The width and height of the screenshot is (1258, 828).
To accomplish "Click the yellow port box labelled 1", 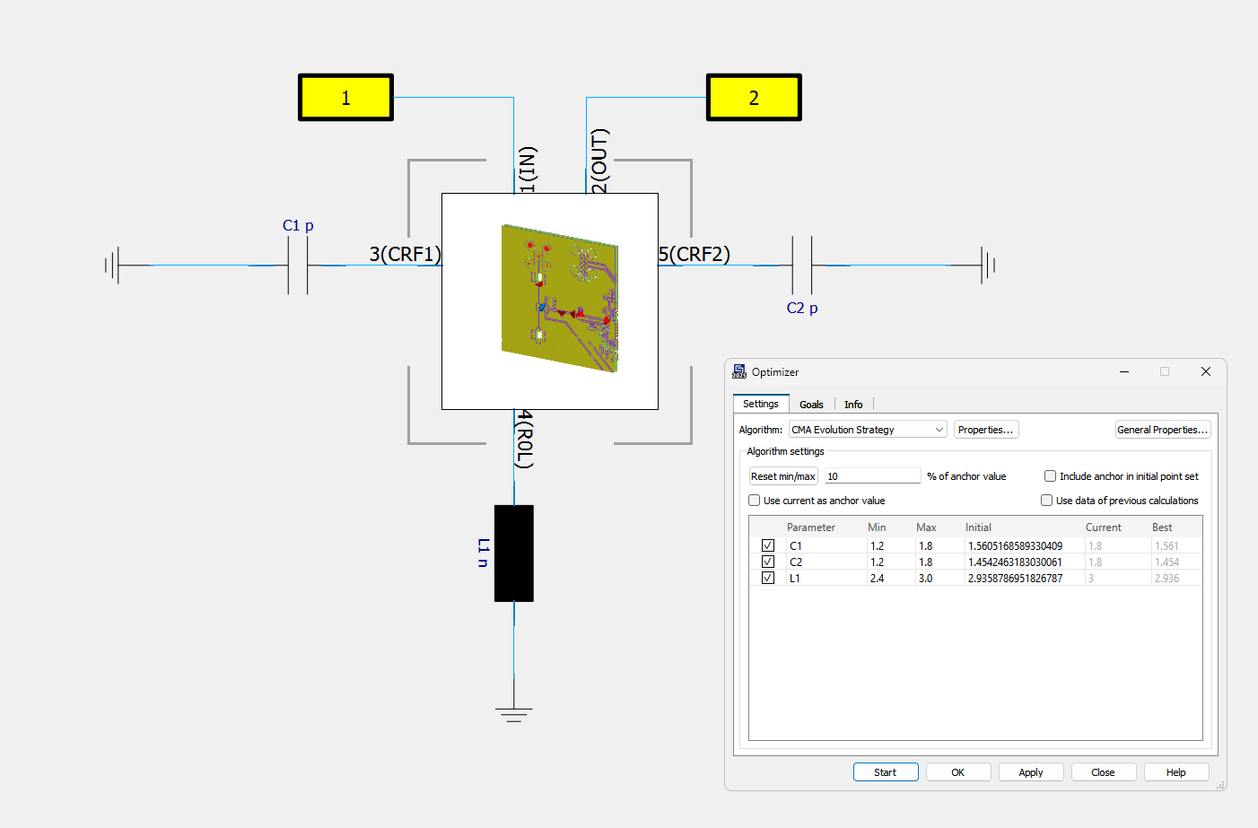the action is (x=345, y=97).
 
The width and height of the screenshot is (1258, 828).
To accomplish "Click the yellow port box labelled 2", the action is (x=754, y=97).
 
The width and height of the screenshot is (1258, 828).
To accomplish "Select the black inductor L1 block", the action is (x=514, y=553).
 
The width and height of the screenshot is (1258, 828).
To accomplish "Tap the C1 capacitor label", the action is (x=298, y=226).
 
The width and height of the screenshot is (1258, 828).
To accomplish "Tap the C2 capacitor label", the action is (x=802, y=309).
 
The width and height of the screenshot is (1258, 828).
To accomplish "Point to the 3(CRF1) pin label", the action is (x=405, y=254).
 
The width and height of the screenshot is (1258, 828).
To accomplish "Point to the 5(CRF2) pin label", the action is (x=695, y=254).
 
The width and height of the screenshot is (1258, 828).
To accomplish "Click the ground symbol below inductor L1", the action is (x=514, y=714).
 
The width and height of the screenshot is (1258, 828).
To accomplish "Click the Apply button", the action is (x=1031, y=772).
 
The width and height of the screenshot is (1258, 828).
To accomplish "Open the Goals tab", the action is (x=811, y=405).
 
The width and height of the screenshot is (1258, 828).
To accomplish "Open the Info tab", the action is (x=853, y=405).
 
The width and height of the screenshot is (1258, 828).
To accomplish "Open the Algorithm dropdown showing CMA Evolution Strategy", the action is (x=867, y=430).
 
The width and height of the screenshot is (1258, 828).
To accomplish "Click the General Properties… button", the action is (x=1162, y=430).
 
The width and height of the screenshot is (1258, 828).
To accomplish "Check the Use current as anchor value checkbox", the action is (x=755, y=501).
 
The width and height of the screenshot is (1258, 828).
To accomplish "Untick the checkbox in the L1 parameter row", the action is (x=768, y=579).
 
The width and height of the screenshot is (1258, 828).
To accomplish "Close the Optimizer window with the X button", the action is (x=1206, y=371).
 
